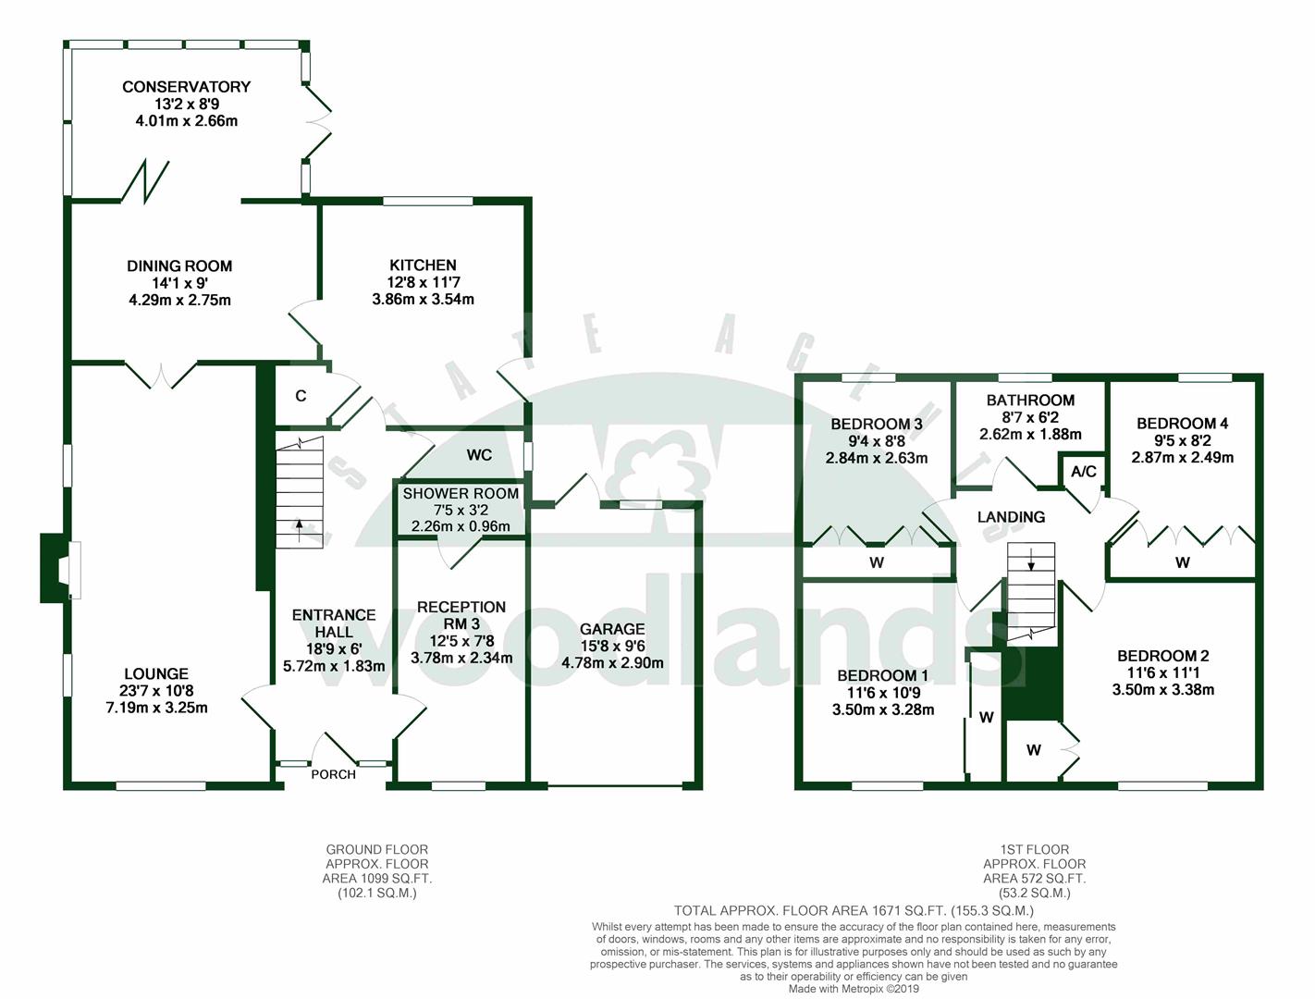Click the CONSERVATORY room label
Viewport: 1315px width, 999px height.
click(x=186, y=87)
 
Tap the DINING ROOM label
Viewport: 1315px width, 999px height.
click(x=179, y=266)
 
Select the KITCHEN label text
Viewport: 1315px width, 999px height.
click(x=423, y=265)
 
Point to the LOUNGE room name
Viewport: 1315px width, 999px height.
click(x=156, y=674)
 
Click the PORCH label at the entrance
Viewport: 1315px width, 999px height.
click(x=333, y=774)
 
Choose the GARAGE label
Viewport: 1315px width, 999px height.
click(x=611, y=629)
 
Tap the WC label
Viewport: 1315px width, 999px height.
click(x=479, y=455)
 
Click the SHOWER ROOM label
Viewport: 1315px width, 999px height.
click(x=461, y=494)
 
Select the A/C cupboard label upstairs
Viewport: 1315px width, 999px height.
click(x=1083, y=472)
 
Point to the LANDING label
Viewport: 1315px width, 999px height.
click(x=1011, y=517)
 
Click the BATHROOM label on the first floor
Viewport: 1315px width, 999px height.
click(x=1030, y=401)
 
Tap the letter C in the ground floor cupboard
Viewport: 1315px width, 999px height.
click(x=301, y=396)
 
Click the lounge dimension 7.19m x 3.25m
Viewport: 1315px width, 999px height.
click(x=156, y=709)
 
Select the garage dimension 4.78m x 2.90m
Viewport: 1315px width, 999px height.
click(x=611, y=662)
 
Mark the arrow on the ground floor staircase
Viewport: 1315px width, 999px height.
click(x=299, y=528)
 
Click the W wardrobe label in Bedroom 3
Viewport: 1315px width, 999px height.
click(x=876, y=562)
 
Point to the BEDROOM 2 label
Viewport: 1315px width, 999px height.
click(x=1162, y=656)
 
